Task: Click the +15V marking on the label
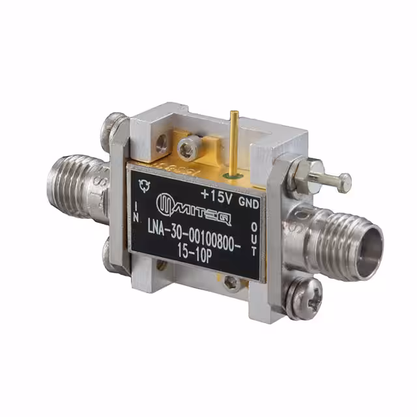coord(216,194)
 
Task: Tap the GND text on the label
coord(249,203)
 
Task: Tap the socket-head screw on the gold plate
coord(188,148)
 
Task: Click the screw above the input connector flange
coord(115,122)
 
